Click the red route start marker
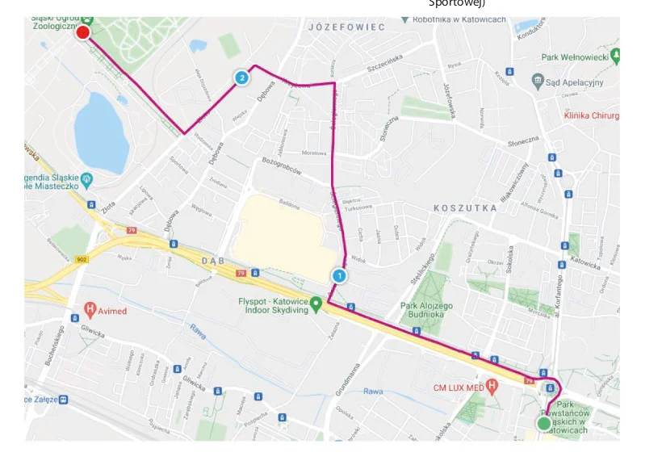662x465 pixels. pos(82,32)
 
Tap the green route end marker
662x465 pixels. pos(544,424)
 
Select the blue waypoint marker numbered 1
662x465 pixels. pos(340,275)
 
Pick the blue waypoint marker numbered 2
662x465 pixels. pos(241,77)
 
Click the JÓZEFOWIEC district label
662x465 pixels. pos(346,27)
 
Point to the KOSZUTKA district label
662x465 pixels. pos(465,207)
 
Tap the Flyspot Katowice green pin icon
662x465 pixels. pos(317,305)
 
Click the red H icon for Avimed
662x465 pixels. pos(91,308)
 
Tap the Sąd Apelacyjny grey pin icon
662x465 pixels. pos(538,81)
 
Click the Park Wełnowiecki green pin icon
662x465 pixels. pos(616,56)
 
